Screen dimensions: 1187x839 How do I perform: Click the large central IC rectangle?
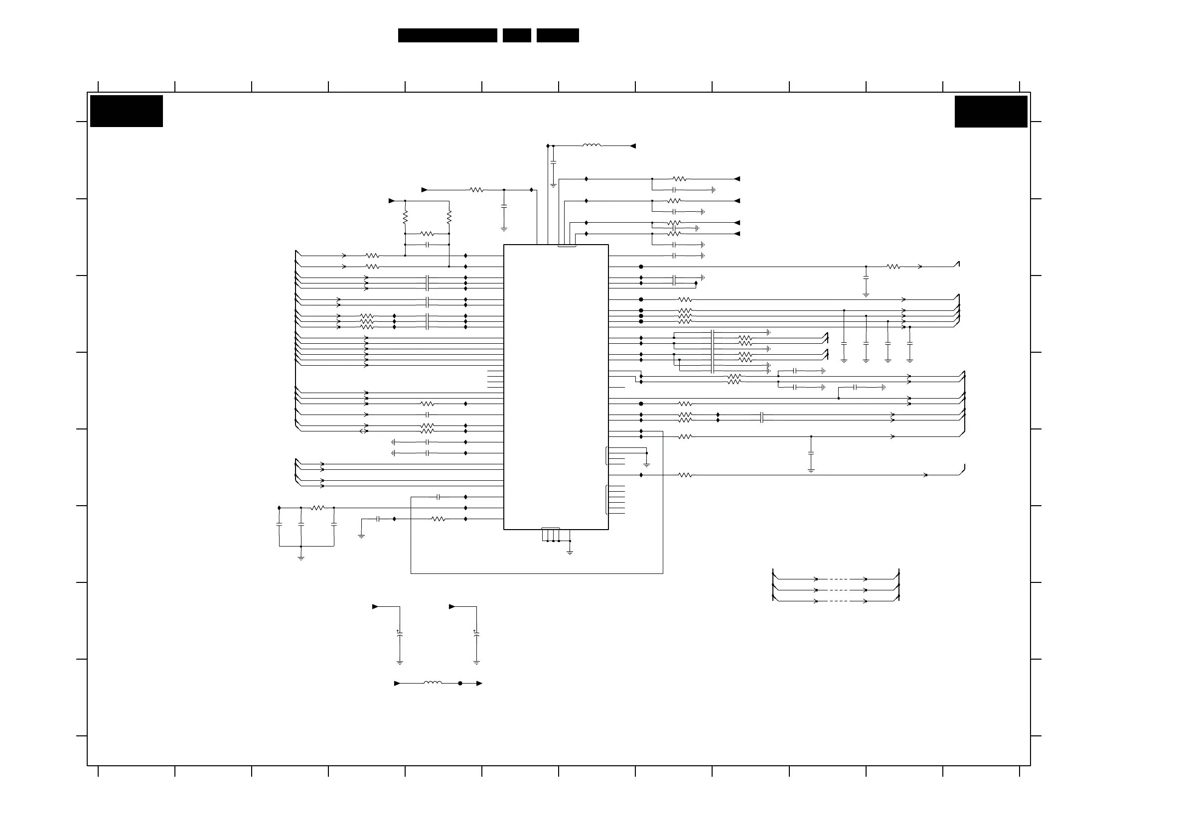point(556,387)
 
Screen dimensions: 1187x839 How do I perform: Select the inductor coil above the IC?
point(592,146)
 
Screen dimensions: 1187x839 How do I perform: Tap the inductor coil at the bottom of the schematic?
point(433,683)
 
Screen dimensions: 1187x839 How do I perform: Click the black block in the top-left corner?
point(126,111)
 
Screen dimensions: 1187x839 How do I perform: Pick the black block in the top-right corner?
point(991,111)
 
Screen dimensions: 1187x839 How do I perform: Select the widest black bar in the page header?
point(447,35)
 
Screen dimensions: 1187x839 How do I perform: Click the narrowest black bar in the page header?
point(516,35)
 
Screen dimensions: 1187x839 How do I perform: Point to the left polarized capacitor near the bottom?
point(400,634)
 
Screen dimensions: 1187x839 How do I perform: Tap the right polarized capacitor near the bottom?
point(476,634)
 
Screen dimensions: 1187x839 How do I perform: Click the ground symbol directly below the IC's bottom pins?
point(570,552)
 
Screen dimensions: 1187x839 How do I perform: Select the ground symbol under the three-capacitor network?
point(301,558)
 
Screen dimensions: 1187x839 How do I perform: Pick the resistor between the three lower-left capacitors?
point(317,508)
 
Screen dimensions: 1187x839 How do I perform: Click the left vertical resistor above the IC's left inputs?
point(405,217)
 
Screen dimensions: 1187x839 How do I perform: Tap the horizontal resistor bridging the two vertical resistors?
point(427,234)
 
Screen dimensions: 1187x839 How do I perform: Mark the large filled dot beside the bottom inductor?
point(460,683)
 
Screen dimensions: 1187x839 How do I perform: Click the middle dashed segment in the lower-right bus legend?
point(841,590)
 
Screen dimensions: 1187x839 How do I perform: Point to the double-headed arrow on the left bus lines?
point(363,431)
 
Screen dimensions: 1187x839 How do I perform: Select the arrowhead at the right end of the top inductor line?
point(633,146)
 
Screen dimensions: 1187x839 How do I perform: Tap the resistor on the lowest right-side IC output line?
point(685,475)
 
